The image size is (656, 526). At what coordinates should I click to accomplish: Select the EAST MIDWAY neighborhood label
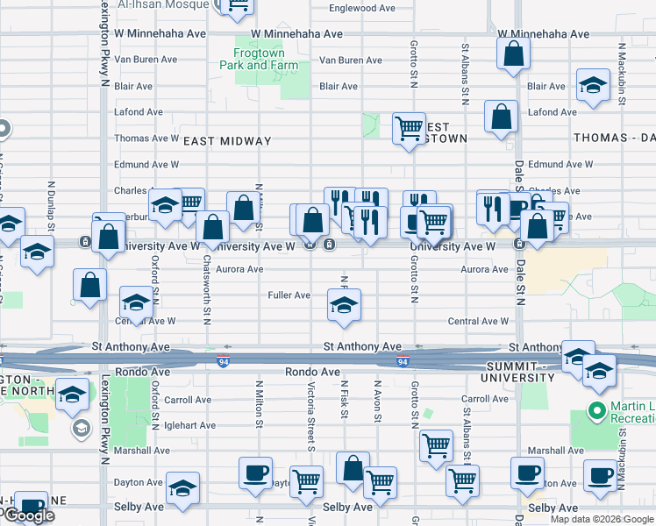[227, 141]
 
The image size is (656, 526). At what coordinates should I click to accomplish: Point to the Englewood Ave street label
[362, 8]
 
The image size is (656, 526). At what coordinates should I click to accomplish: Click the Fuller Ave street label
[289, 295]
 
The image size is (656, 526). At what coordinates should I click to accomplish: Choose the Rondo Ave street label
[312, 372]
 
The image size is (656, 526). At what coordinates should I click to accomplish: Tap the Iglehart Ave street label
[190, 425]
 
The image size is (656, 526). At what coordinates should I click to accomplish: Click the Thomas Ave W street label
[146, 139]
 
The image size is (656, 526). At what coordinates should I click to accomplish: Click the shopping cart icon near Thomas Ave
[409, 128]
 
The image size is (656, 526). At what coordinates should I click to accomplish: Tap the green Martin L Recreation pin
[598, 409]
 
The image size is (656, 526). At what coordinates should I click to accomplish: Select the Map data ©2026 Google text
[601, 519]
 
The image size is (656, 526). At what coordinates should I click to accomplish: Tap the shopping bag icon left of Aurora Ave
[90, 284]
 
